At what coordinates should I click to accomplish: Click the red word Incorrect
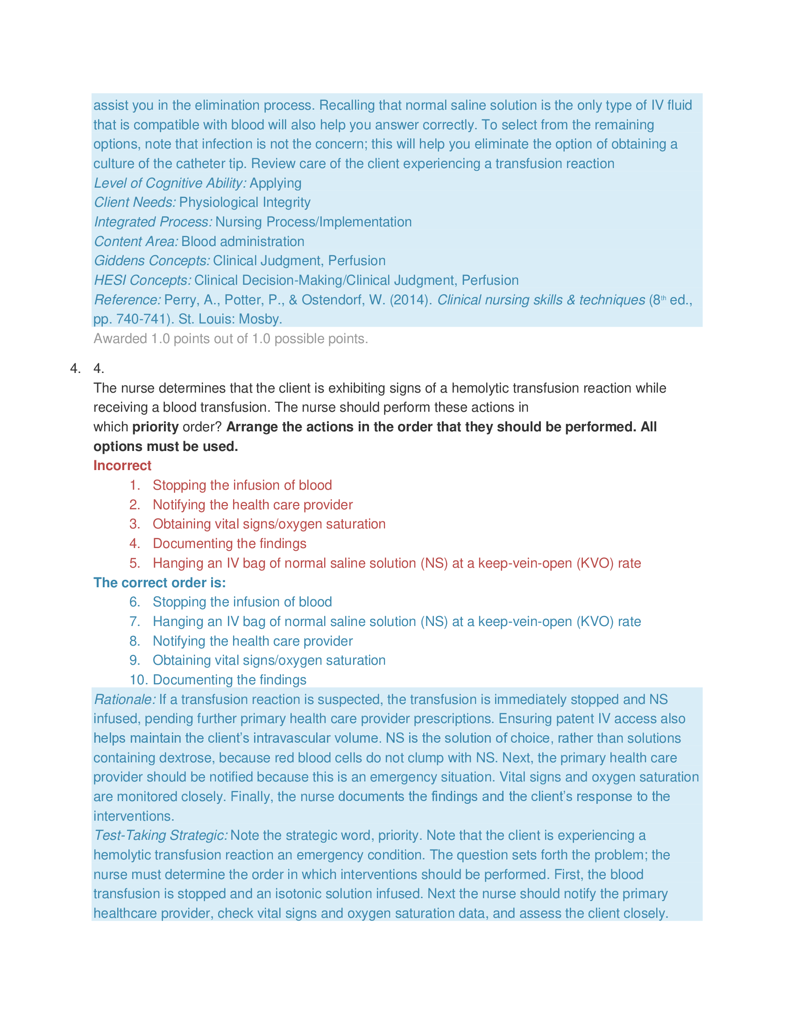(x=122, y=465)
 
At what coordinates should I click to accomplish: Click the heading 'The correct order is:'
(x=159, y=583)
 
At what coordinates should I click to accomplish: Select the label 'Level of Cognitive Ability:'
(x=170, y=183)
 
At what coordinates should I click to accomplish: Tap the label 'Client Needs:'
(x=135, y=202)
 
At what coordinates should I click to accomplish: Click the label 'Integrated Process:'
(x=153, y=222)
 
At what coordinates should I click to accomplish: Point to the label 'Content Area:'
(x=136, y=241)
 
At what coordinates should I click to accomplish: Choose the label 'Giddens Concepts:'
(x=152, y=260)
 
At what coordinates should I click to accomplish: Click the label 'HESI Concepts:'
(x=142, y=280)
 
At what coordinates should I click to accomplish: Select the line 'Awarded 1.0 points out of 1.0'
(x=230, y=338)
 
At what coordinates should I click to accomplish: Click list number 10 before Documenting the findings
(x=138, y=680)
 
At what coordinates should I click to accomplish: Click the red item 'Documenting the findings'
(x=229, y=543)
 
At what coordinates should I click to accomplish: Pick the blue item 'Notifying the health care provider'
(x=253, y=641)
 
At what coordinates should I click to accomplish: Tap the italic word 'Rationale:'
(x=125, y=699)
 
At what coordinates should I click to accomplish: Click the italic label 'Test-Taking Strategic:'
(x=161, y=835)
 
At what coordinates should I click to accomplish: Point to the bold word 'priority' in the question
(x=155, y=427)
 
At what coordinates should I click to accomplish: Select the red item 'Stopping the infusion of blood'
(x=242, y=485)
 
